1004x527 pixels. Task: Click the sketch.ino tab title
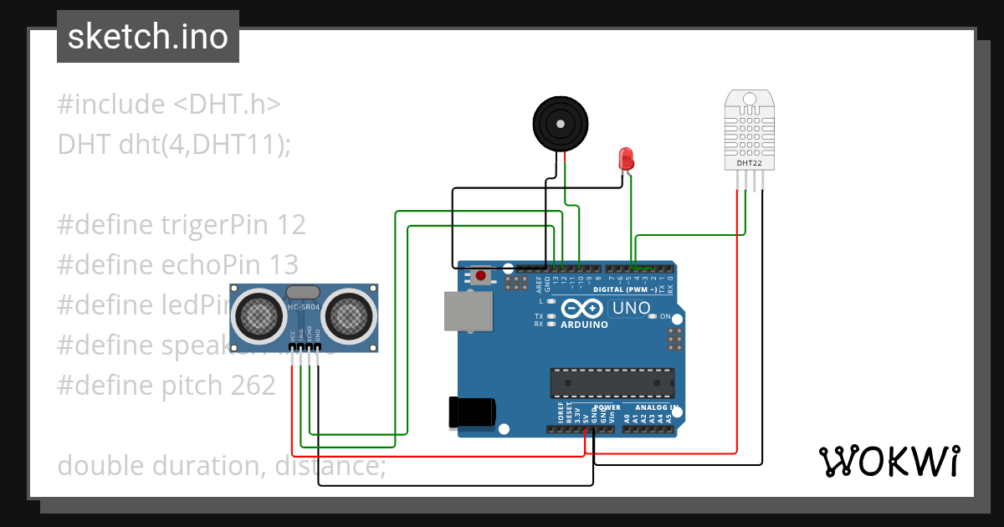148,37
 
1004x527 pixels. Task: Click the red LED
625,157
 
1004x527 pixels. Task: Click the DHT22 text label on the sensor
749,163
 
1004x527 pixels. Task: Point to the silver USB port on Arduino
469,310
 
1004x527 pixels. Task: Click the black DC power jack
471,412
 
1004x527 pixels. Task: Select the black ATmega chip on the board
612,382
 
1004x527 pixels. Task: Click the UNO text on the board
632,308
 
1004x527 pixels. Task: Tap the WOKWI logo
889,461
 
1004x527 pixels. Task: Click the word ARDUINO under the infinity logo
584,325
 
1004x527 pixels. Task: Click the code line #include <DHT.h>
169,105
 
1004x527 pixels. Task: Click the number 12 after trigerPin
292,224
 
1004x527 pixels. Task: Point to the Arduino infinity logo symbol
582,307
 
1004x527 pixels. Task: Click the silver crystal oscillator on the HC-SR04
303,292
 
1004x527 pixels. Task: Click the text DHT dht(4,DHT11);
174,144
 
